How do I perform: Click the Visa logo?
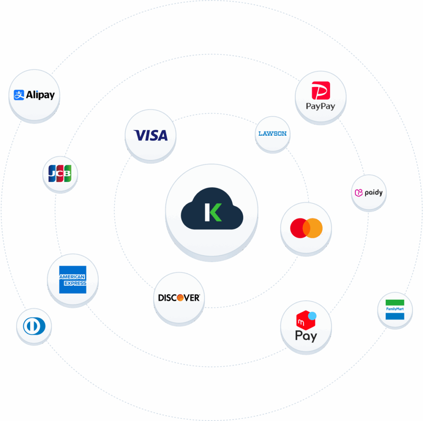151,135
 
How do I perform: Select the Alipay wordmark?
40,95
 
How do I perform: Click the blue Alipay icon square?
19,95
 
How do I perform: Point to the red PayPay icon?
321,91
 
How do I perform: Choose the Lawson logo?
272,134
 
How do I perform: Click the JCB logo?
60,174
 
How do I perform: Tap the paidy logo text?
373,193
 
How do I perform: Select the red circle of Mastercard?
298,228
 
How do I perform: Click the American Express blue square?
73,280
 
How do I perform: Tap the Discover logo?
179,297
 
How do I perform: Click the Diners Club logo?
34,327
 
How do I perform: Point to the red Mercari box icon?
305,320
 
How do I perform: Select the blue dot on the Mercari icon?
312,315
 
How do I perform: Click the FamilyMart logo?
394,309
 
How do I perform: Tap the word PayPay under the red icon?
321,106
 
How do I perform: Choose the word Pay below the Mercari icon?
306,336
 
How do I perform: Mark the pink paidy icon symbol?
359,193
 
